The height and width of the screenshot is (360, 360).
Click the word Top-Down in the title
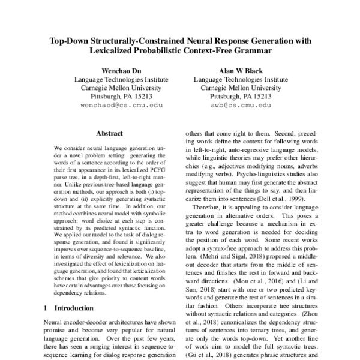(71, 42)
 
